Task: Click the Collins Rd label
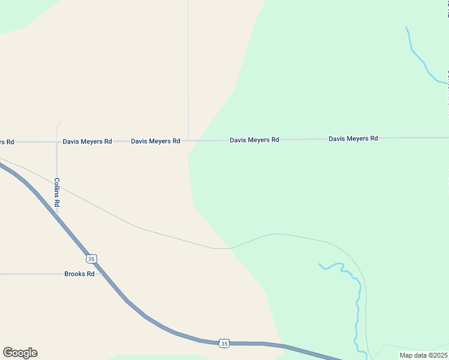[57, 192]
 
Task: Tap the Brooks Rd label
[79, 274]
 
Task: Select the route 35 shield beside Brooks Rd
[91, 259]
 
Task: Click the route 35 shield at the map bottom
[224, 343]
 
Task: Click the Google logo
[20, 353]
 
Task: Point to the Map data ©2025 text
[423, 355]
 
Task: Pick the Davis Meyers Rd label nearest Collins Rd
[87, 142]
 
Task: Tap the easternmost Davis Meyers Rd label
[353, 139]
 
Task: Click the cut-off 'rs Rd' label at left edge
[7, 142]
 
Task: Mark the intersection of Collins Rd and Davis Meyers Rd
[57, 142]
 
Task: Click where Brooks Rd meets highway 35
[103, 274]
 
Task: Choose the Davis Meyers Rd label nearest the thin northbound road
[155, 142]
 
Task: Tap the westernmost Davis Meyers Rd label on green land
[254, 140]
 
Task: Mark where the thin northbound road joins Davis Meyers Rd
[188, 140]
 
